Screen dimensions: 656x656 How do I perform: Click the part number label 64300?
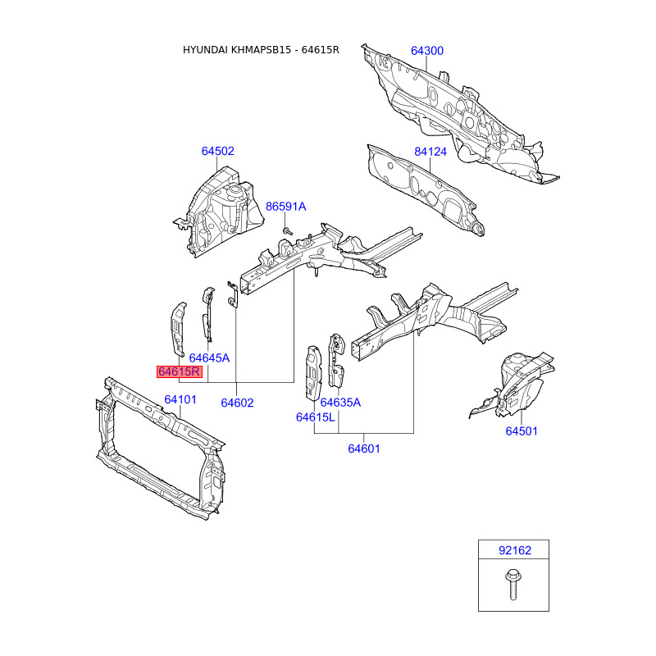click(x=426, y=51)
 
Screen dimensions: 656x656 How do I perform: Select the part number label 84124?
click(x=430, y=152)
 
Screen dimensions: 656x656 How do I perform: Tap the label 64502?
click(x=218, y=151)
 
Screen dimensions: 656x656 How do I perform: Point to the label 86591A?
click(x=285, y=207)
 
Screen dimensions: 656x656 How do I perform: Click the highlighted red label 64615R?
click(x=180, y=371)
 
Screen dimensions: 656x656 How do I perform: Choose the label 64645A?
click(x=209, y=358)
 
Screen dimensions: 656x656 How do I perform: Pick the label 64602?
click(x=237, y=403)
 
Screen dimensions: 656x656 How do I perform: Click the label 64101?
click(x=180, y=399)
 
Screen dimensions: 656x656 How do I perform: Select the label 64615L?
click(x=316, y=417)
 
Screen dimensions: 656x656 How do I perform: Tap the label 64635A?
click(x=340, y=402)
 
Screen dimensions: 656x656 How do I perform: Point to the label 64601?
click(x=364, y=449)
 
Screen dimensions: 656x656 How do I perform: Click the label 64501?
click(x=522, y=431)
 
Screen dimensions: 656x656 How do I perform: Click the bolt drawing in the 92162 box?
click(x=513, y=584)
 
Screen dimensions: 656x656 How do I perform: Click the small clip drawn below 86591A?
click(x=288, y=231)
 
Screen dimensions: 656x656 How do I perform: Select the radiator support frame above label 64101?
click(x=160, y=447)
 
